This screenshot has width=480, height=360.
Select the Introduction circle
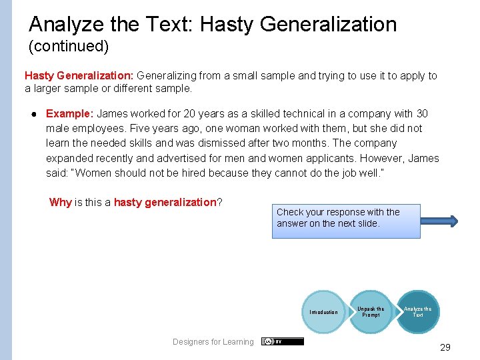(x=323, y=312)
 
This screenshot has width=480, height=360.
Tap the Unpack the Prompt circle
(x=371, y=311)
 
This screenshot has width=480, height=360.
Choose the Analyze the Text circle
(x=417, y=311)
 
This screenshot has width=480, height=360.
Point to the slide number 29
(x=445, y=347)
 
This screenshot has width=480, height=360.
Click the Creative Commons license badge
(x=282, y=341)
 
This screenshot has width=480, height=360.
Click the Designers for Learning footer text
(x=213, y=342)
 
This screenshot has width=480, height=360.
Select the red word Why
(x=60, y=202)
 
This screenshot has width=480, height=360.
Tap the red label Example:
(x=69, y=114)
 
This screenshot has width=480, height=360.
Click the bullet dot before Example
(x=33, y=114)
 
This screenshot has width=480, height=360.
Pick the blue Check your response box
(x=346, y=221)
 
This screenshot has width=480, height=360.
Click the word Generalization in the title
(x=329, y=25)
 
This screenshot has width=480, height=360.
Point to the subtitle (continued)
(x=69, y=47)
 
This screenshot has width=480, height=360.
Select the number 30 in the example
(x=422, y=114)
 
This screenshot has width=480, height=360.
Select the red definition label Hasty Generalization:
(x=79, y=76)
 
